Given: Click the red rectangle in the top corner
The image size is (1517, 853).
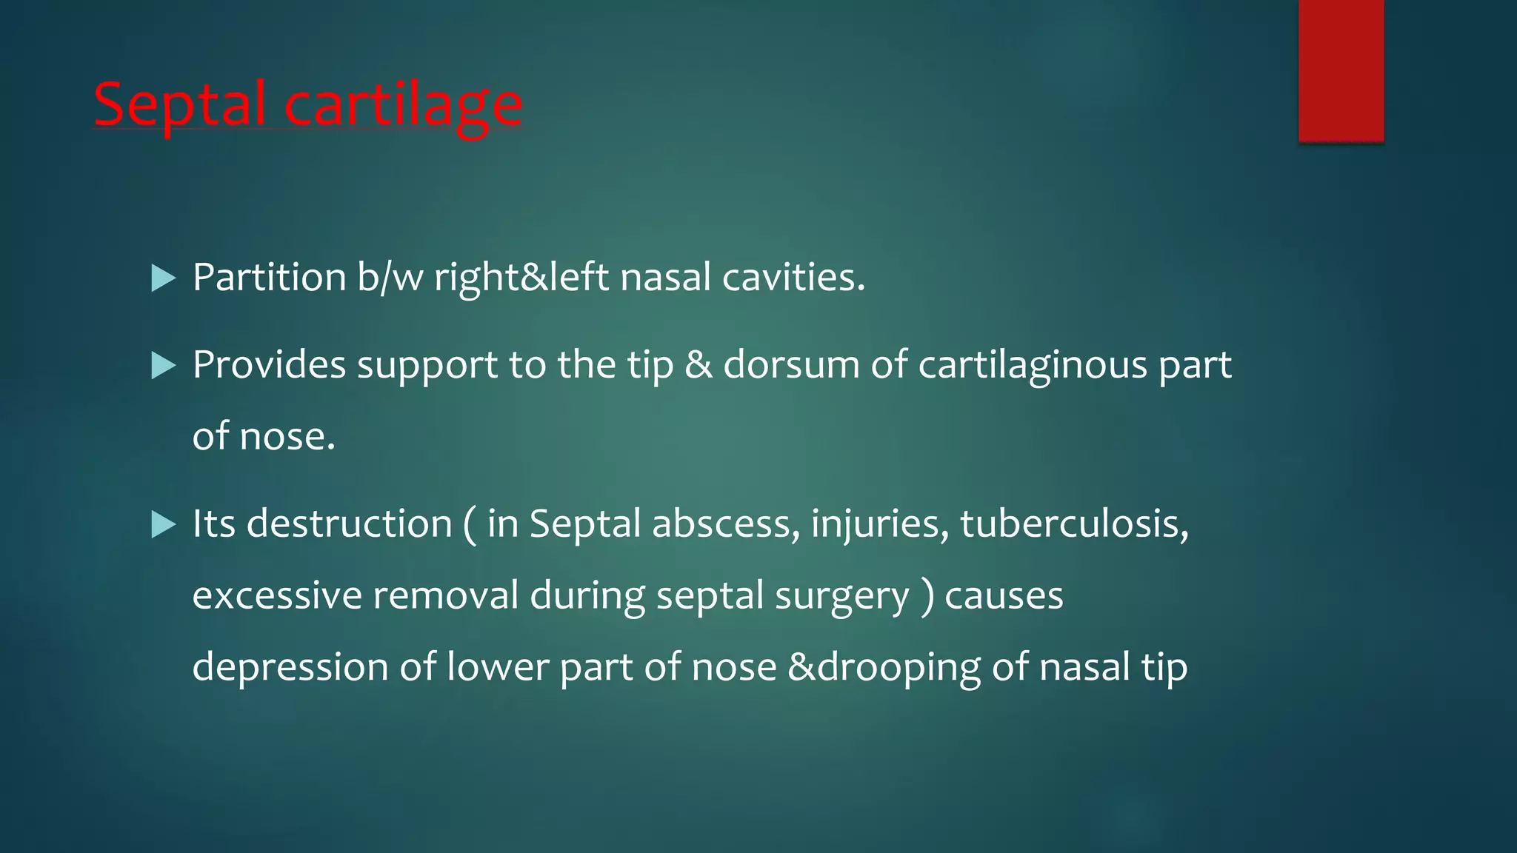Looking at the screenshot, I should pos(1341,70).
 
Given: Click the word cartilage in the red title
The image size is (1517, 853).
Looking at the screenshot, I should pos(404,105).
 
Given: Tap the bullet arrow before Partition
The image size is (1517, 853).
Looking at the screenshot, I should pos(163,278).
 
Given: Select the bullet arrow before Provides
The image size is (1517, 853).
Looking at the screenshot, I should pos(163,365).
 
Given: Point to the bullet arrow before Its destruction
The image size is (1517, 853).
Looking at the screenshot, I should pos(163,524).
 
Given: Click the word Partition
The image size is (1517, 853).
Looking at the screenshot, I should pos(269,278).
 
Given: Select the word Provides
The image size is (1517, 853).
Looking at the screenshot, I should pos(269,365).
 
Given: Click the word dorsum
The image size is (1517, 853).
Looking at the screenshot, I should pos(791,365).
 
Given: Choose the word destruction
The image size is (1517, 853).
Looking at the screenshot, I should pos(349,524).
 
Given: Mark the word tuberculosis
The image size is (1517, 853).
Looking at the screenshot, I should pos(1074,524).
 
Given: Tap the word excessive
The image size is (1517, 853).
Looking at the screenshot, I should pos(276,595).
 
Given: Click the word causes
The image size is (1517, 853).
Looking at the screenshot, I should pos(1004,595).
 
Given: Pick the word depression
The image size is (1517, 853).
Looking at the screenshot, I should pos(290,667).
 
